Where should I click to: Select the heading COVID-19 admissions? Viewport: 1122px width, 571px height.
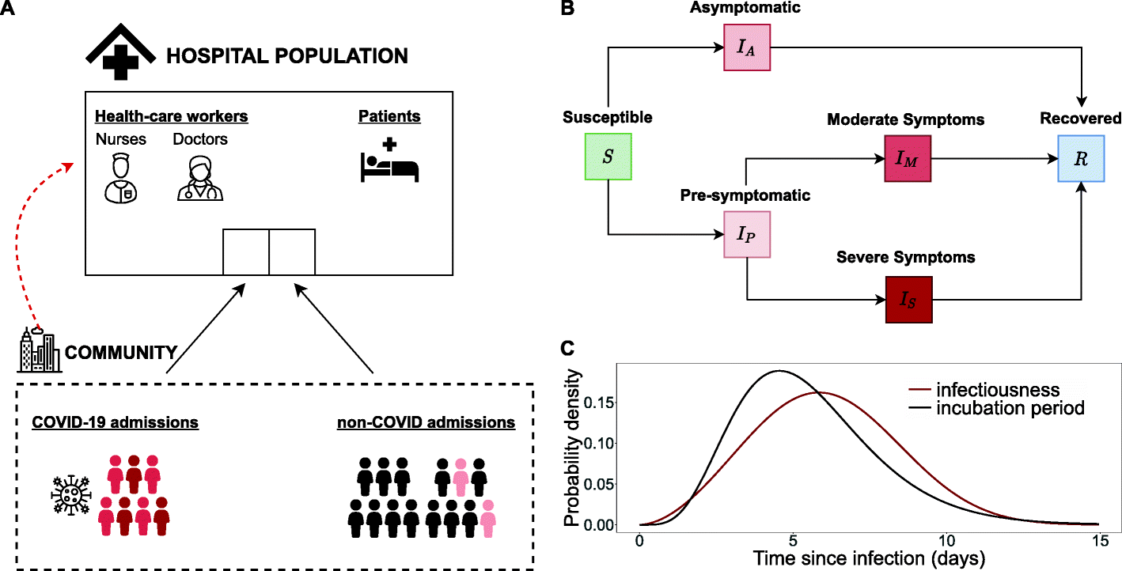click(x=115, y=423)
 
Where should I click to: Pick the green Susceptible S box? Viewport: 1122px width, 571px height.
click(x=608, y=157)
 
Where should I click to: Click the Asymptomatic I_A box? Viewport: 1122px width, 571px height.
click(x=747, y=48)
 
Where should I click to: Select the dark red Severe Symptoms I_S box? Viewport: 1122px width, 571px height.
click(x=908, y=300)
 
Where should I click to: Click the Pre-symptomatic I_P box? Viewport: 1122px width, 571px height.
click(x=747, y=234)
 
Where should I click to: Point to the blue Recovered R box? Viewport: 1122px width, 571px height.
click(x=1082, y=157)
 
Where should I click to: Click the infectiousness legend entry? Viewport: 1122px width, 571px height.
click(x=997, y=390)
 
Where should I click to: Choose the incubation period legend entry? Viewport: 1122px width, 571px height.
click(x=1009, y=408)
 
